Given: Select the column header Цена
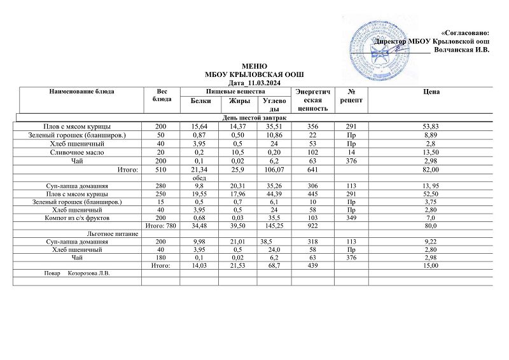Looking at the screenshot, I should pos(431,92).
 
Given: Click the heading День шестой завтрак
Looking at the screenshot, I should pos(254,118).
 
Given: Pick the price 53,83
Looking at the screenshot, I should pos(431,127).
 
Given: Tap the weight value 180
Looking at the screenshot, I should pos(162,258).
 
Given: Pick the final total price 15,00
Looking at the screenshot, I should pos(431,267).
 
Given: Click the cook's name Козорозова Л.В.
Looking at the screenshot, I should pos(89,274).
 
